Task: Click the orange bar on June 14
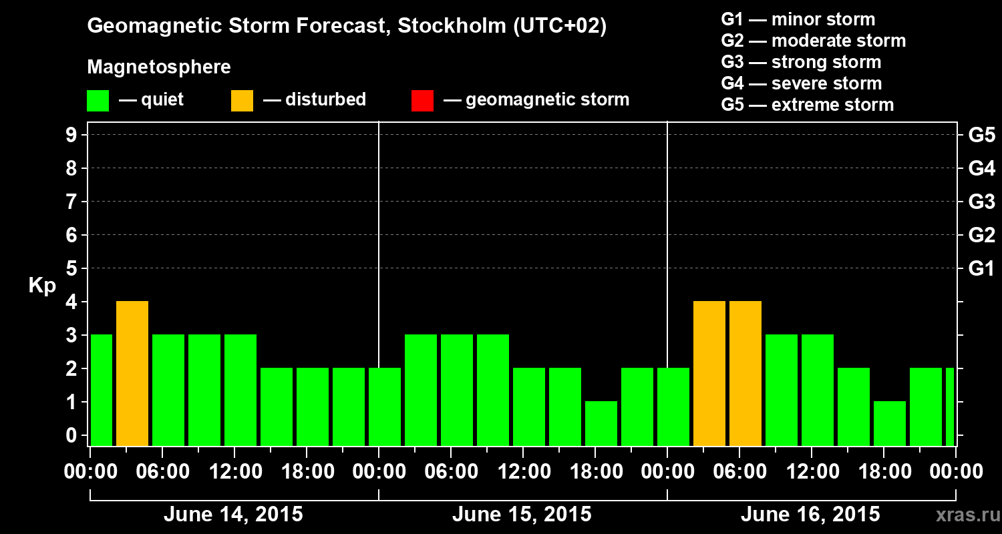tap(132, 373)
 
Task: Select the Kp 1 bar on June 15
tap(601, 423)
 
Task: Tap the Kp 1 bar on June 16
tap(890, 423)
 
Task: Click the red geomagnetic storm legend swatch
tap(422, 101)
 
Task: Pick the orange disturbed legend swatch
tap(242, 101)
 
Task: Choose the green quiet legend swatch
tap(98, 101)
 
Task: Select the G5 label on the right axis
tap(981, 136)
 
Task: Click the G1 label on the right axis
tap(981, 269)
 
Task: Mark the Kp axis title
tap(42, 286)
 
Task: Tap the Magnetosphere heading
tap(159, 67)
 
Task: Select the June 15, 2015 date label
tap(522, 515)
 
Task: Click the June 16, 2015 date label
tap(810, 515)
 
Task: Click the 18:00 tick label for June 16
tap(883, 472)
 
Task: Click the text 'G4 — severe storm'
tap(802, 83)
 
